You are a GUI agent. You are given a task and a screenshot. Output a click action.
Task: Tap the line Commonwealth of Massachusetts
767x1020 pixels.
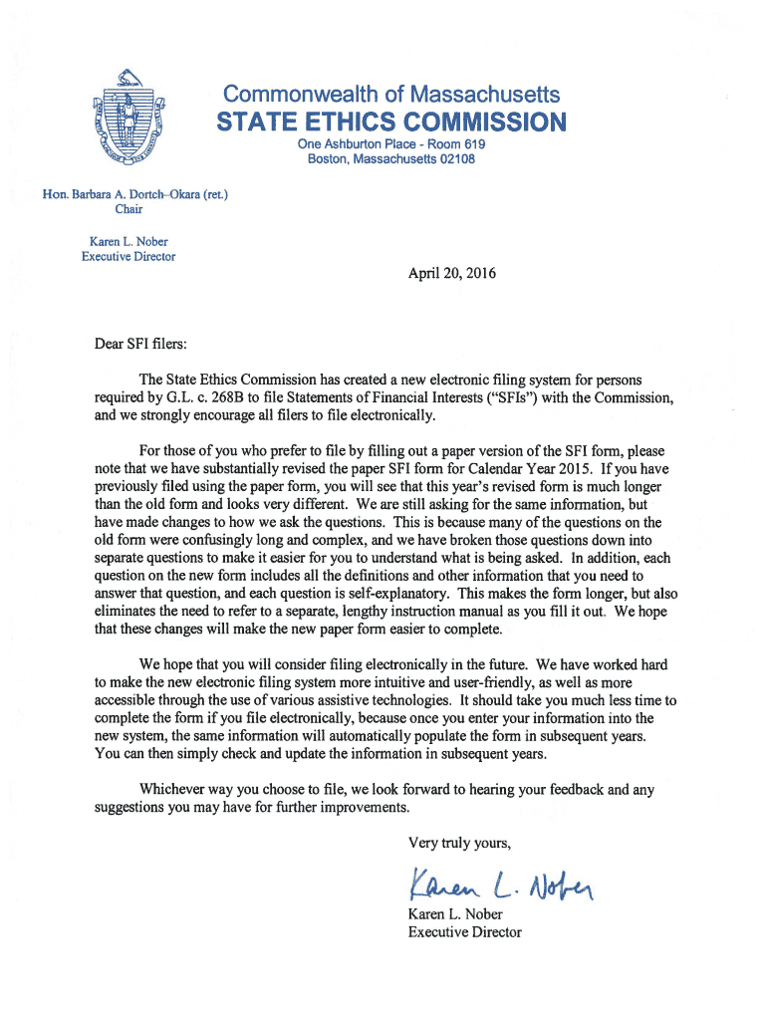click(391, 95)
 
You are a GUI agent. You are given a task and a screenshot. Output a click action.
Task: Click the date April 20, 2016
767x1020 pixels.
click(451, 272)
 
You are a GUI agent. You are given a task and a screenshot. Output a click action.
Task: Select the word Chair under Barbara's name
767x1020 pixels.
click(128, 209)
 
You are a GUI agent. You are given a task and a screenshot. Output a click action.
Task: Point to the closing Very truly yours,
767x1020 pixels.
click(459, 844)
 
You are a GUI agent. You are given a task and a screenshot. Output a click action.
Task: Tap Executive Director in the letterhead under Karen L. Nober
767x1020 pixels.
click(128, 256)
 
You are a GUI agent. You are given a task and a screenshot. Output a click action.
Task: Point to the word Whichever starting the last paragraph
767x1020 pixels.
click(174, 789)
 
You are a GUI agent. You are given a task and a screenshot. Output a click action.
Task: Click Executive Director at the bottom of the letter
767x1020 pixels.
click(464, 932)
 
